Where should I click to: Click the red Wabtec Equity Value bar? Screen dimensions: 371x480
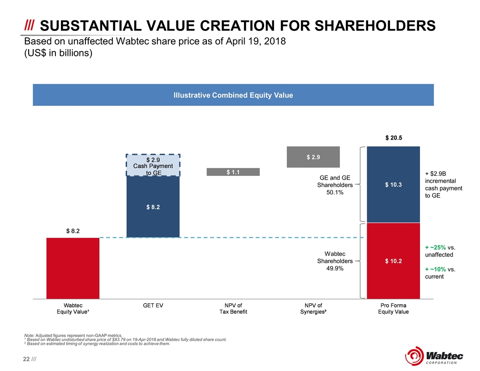coord(73,268)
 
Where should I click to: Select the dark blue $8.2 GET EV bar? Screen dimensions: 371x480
coord(153,207)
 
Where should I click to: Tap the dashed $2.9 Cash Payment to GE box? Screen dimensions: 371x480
coord(153,165)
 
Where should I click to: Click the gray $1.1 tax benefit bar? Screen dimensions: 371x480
coord(233,172)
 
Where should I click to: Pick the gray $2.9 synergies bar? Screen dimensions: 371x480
coord(313,157)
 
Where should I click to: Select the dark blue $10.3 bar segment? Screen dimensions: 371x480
coord(394,185)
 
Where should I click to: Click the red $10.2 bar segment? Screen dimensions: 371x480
coord(394,261)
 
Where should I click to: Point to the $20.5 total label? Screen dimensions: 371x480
coord(394,138)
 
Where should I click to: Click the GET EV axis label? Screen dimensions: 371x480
coord(153,306)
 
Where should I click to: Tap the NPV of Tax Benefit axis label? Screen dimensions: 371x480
coord(233,308)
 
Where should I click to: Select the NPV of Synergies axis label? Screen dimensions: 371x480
coord(313,308)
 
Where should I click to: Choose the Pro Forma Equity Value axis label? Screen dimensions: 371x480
coord(394,308)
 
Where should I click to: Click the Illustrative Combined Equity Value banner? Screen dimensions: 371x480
coord(233,95)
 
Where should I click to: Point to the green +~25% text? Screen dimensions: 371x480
coord(435,248)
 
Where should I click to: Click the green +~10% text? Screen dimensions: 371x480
coord(435,269)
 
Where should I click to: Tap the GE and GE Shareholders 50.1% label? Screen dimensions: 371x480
coord(335,185)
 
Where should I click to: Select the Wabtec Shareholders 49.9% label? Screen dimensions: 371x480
coord(335,261)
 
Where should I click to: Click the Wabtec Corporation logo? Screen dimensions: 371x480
coord(434,354)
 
